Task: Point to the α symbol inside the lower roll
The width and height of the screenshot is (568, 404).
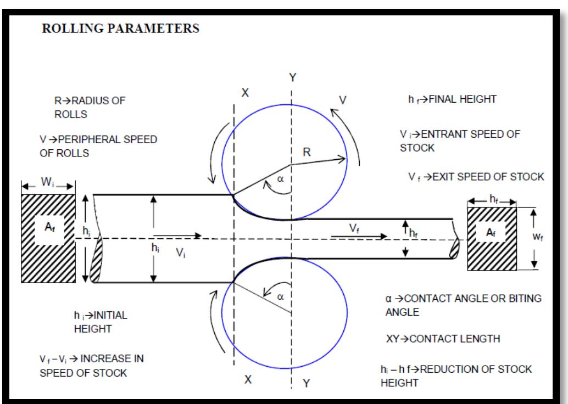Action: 280,296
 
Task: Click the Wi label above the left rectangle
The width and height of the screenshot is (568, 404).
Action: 47,182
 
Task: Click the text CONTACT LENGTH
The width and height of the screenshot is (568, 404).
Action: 455,339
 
